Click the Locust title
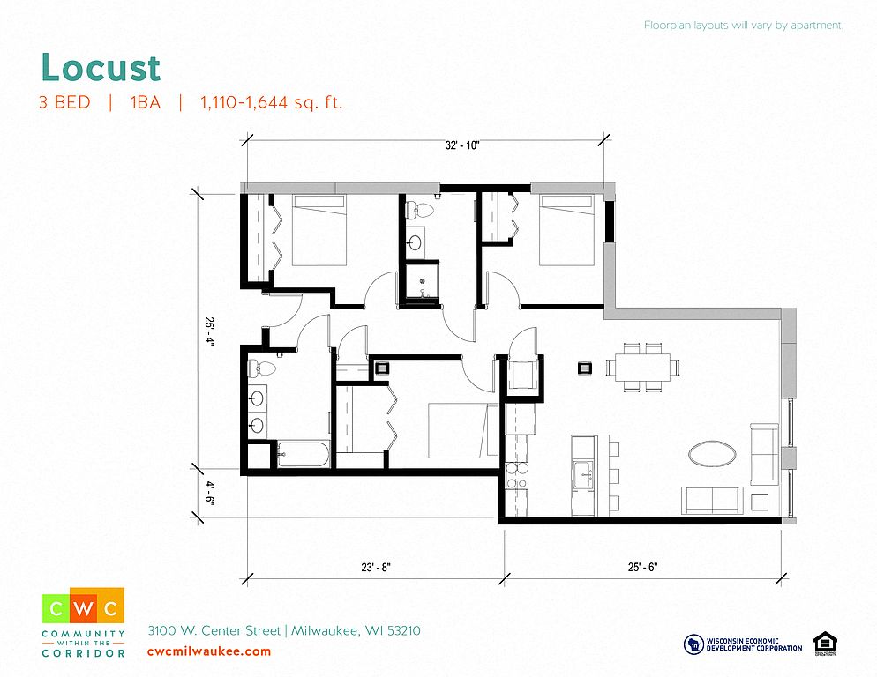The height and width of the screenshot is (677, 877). tap(101, 68)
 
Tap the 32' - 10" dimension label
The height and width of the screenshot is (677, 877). tap(462, 145)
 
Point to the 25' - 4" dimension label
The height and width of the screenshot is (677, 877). tap(209, 332)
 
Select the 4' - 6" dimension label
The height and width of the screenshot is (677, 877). tap(209, 493)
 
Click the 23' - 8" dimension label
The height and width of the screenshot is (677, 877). tap(376, 568)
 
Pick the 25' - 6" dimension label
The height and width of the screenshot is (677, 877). tap(642, 567)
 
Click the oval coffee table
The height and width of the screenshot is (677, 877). tap(712, 453)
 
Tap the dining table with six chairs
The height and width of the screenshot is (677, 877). tap(642, 367)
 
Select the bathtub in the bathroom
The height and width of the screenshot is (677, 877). tap(303, 455)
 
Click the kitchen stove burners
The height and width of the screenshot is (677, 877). tap(516, 476)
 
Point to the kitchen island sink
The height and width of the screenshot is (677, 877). tap(583, 475)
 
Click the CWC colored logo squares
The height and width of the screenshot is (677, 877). tap(83, 606)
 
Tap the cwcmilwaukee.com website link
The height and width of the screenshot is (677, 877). tap(209, 651)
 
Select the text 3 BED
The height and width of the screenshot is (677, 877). tap(65, 102)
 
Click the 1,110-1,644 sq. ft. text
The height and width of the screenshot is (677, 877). tap(271, 102)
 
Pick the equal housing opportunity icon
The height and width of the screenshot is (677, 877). tap(825, 644)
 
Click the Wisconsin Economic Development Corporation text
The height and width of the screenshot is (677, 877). tap(754, 644)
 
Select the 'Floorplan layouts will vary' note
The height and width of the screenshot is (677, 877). tap(743, 26)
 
